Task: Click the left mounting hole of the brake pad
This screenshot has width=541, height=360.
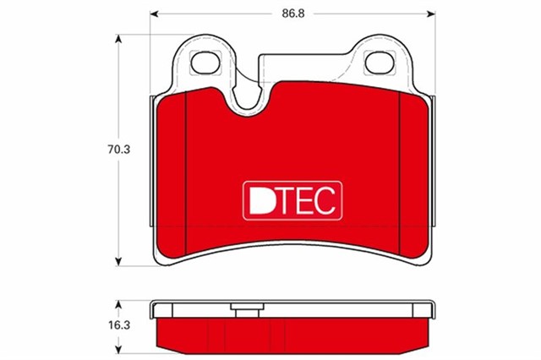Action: click(202, 63)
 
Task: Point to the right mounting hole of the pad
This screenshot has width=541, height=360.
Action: click(374, 63)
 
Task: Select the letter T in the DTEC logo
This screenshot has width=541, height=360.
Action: click(284, 199)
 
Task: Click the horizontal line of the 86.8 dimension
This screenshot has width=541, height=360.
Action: click(220, 14)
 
